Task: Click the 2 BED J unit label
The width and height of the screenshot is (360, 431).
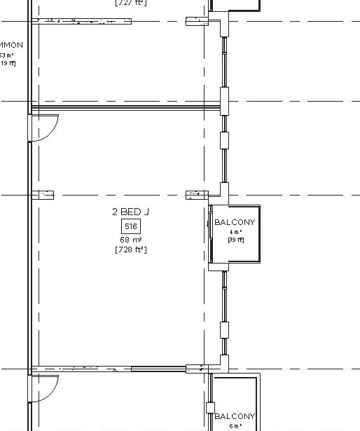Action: pos(130,212)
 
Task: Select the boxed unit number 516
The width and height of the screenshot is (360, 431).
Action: pos(130,226)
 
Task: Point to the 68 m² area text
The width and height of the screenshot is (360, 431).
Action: pos(130,240)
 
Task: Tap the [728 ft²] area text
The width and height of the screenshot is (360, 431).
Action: pos(130,249)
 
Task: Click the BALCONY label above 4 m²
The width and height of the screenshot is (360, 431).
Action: pos(235,222)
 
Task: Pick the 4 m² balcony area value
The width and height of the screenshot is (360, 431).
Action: pos(235,232)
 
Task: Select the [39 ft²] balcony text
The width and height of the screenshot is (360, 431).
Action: pos(235,240)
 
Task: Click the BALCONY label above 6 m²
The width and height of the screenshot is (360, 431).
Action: pos(235,416)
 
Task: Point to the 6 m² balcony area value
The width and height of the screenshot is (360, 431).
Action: pos(235,426)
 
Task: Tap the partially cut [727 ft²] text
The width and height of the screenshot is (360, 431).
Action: pos(130,3)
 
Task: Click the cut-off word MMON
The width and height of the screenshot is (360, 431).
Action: pos(11,46)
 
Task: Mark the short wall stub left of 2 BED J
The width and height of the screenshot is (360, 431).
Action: pos(43,195)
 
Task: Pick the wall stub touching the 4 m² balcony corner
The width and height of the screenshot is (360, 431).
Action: pos(196,195)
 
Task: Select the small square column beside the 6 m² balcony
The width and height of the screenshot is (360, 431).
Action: pos(209,408)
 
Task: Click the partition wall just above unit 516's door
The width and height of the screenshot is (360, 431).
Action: pos(126,107)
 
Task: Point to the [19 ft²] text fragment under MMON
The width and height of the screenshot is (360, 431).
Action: pos(7,63)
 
